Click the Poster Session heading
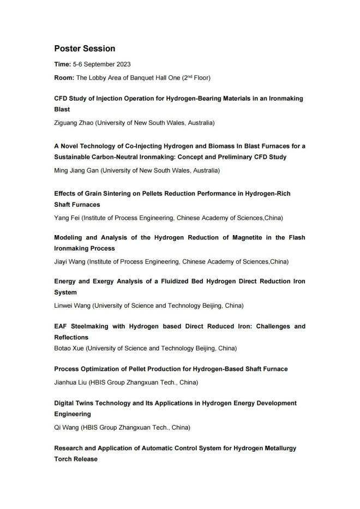tap(85, 49)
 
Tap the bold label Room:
tap(64, 77)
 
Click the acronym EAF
tap(61, 326)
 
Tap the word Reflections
tap(71, 337)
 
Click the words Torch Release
tap(76, 459)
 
